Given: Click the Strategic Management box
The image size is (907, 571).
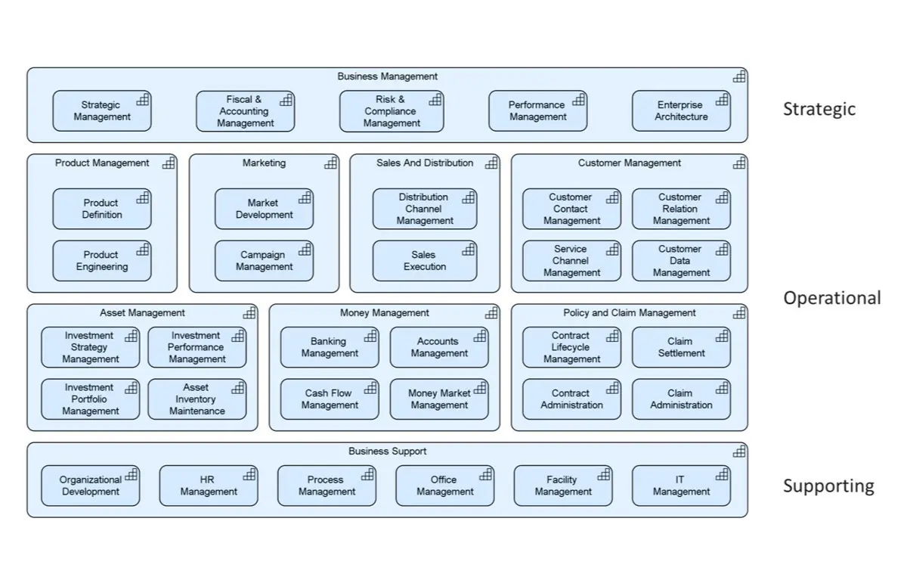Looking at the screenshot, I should (x=101, y=111).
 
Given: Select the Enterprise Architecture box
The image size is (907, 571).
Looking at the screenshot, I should (x=681, y=111).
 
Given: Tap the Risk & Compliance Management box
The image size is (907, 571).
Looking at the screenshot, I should (x=391, y=111).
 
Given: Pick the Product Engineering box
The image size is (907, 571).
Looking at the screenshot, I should (x=101, y=261).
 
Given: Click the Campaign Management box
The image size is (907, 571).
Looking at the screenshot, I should (x=264, y=261).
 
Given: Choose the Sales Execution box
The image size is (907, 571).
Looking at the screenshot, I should (x=424, y=261).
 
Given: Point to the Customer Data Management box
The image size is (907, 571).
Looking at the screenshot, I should (x=681, y=261).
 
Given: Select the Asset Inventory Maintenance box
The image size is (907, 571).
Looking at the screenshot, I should (x=197, y=399).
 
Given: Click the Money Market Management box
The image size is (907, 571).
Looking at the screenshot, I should (x=439, y=399).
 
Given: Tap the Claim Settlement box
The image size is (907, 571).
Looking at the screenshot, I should (x=681, y=347).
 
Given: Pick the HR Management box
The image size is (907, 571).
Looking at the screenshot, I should (x=208, y=486).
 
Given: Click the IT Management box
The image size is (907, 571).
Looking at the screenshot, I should (x=681, y=486).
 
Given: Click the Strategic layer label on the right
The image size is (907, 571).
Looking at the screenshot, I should (x=819, y=109).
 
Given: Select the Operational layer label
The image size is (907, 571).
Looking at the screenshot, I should (x=831, y=298).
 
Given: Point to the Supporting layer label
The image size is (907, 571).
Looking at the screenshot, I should (x=828, y=486).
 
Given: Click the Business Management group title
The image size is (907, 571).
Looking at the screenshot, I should (x=387, y=76).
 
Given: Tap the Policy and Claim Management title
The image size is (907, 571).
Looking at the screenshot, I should (x=629, y=313).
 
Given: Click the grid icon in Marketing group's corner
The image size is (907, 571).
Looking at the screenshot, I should (x=331, y=163).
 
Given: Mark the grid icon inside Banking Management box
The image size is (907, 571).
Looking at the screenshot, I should (x=370, y=337).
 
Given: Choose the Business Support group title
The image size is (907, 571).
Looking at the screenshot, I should (x=387, y=452).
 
